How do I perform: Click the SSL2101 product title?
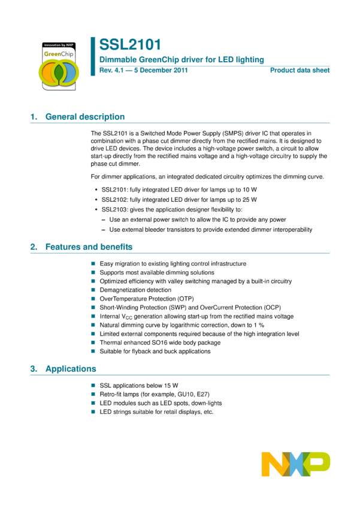click(x=130, y=44)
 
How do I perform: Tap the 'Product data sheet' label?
click(x=300, y=70)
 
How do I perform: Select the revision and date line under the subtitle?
click(x=143, y=70)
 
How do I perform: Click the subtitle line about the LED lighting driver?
click(x=181, y=59)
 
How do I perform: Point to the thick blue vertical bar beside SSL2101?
click(x=93, y=56)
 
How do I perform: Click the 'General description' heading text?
click(x=85, y=117)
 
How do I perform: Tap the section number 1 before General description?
click(x=33, y=117)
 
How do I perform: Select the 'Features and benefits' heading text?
click(x=89, y=247)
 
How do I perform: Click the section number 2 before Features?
click(x=33, y=247)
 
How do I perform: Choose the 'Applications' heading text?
click(x=71, y=369)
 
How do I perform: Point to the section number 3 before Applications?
click(x=33, y=369)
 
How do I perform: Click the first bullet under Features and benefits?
click(x=93, y=263)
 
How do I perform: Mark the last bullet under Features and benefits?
click(x=93, y=351)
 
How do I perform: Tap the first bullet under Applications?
click(x=93, y=386)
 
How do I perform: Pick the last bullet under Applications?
click(x=93, y=411)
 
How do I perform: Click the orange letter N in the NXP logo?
click(x=273, y=464)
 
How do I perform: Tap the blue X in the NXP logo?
click(x=295, y=464)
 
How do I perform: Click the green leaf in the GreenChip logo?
click(x=59, y=72)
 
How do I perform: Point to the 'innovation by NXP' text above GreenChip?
click(x=59, y=45)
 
